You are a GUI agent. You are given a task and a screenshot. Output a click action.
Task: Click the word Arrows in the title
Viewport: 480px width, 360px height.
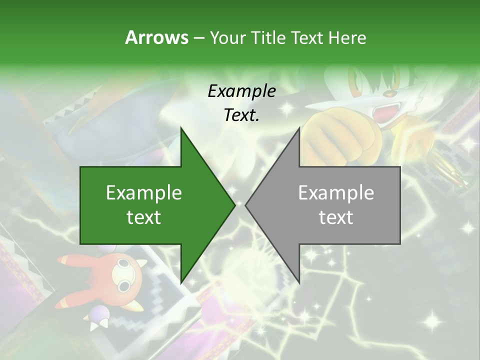pos(156,37)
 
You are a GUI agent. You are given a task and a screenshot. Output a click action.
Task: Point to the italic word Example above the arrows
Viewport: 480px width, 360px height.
pos(241,91)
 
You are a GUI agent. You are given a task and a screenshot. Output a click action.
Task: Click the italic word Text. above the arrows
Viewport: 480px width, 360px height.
pos(241,115)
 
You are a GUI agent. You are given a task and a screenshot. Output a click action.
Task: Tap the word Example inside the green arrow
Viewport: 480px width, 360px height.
pos(144,192)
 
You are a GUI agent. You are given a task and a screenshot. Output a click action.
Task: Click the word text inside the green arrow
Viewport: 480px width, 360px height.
pos(144,217)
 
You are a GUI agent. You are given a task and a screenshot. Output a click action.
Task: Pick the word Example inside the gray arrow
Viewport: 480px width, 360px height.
pos(336,192)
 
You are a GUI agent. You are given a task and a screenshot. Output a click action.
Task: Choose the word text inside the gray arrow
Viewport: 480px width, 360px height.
pos(336,217)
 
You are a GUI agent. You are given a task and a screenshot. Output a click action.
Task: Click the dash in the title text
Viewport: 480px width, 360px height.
pos(198,38)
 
